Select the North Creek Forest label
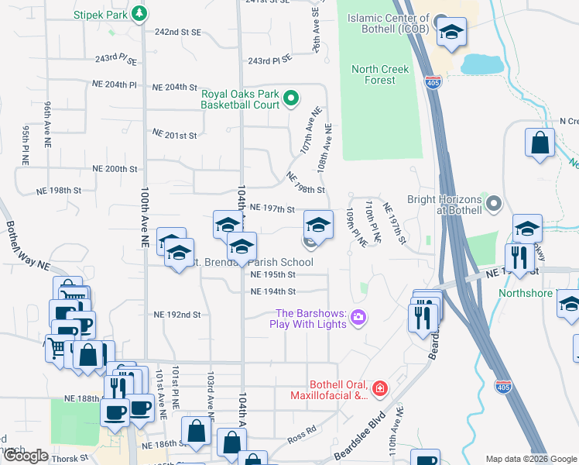point(379,74)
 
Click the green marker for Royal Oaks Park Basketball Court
point(291,98)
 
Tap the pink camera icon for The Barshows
point(358,316)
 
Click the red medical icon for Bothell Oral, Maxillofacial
point(379,388)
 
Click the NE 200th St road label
point(115,168)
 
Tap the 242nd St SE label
point(178,33)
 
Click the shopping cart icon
point(56,347)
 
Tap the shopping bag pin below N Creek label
point(540,143)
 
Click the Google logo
point(26,456)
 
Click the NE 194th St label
point(273,291)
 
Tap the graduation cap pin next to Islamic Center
point(451,33)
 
